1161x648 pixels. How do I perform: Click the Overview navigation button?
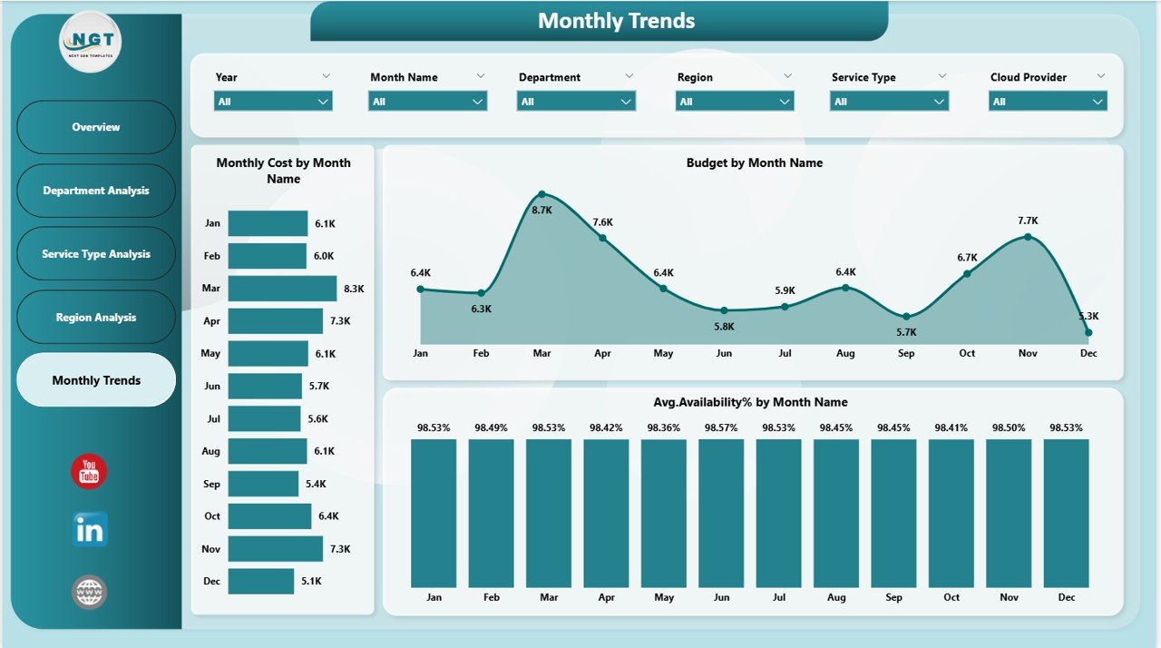(96, 127)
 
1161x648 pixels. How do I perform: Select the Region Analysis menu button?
(96, 318)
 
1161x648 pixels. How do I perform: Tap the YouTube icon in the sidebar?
(89, 472)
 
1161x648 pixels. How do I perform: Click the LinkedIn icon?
(90, 529)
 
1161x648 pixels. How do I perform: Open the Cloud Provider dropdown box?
(1048, 102)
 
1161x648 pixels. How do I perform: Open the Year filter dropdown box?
(273, 102)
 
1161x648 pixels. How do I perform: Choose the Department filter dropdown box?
(576, 102)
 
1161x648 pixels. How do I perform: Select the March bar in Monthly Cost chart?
(282, 289)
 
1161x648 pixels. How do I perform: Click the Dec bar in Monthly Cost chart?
(261, 581)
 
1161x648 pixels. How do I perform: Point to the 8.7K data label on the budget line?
(541, 210)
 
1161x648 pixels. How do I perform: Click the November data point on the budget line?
(1028, 237)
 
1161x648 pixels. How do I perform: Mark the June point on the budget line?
(724, 310)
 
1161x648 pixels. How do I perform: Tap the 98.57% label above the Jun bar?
(722, 427)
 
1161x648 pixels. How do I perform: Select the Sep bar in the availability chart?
(893, 513)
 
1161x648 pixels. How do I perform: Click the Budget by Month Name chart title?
(754, 163)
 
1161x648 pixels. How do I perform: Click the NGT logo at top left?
(89, 41)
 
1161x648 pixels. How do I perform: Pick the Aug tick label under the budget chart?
(845, 353)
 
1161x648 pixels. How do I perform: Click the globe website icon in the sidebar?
(90, 593)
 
